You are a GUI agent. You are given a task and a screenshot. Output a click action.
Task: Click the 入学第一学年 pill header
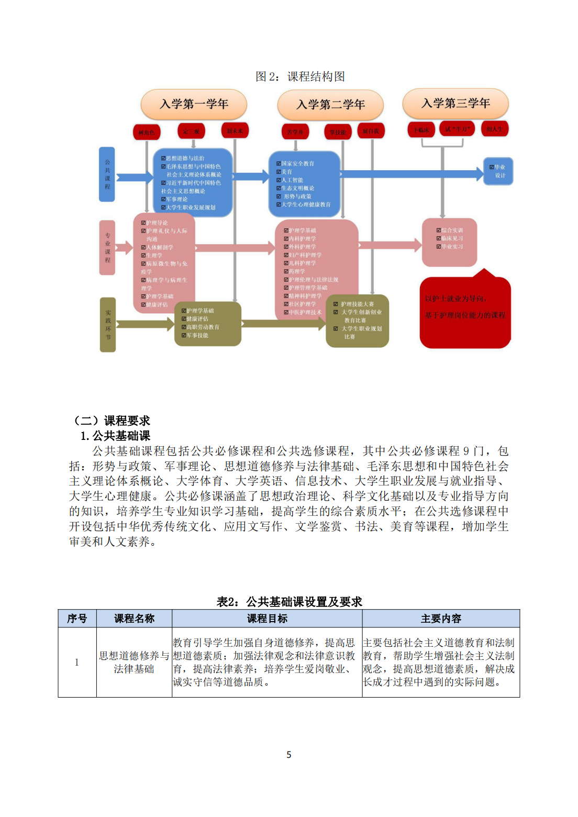click(194, 104)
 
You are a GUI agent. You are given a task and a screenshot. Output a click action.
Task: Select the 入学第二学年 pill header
click(330, 105)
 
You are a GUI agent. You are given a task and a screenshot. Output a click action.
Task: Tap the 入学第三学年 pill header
click(455, 103)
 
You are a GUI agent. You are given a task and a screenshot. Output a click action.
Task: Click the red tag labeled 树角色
click(147, 133)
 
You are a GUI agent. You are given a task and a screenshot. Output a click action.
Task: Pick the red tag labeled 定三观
click(191, 131)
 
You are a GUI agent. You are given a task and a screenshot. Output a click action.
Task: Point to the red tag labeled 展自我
click(371, 131)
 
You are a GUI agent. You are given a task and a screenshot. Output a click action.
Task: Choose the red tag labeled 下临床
click(421, 129)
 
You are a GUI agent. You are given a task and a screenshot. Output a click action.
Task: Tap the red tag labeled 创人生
click(494, 129)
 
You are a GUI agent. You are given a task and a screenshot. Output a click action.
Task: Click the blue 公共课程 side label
click(107, 174)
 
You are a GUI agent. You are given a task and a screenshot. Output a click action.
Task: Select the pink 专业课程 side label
click(107, 248)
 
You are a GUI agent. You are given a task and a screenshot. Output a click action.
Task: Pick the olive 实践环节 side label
click(108, 325)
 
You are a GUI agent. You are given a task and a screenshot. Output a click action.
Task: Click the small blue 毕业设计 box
click(498, 171)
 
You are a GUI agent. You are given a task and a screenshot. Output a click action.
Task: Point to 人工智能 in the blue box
click(292, 180)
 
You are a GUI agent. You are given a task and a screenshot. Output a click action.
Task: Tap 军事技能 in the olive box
click(197, 335)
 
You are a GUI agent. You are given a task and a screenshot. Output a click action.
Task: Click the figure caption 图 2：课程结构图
click(300, 76)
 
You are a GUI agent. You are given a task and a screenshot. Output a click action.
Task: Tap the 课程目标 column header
click(267, 619)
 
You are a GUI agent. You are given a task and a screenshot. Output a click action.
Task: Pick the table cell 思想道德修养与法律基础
click(134, 662)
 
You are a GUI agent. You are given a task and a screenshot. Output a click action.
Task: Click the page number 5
click(289, 755)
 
